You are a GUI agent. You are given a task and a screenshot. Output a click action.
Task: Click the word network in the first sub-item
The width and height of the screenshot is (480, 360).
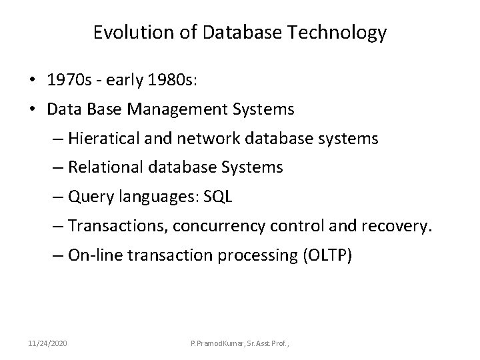coord(201,139)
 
